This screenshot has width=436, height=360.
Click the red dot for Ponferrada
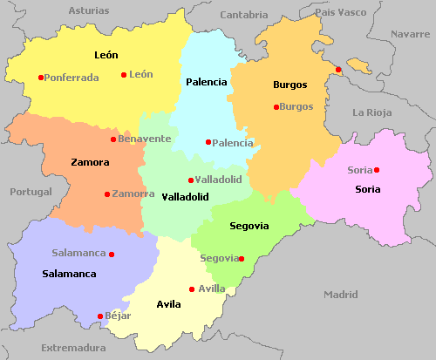[40, 78]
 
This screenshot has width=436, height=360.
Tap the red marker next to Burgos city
[276, 107]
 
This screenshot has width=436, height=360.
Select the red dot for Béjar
[100, 316]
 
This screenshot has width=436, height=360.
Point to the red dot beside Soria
[377, 170]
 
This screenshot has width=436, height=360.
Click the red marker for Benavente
[113, 139]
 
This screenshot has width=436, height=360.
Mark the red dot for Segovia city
[242, 258]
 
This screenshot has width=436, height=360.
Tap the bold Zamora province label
[90, 162]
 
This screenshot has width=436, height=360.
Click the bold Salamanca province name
[69, 274]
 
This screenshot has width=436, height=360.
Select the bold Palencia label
[206, 82]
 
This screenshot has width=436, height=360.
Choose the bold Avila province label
[168, 304]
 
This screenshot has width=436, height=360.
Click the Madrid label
[341, 295]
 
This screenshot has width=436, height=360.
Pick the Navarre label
[411, 34]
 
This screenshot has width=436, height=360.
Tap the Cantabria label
[244, 15]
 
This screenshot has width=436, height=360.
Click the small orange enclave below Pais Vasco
[358, 65]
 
